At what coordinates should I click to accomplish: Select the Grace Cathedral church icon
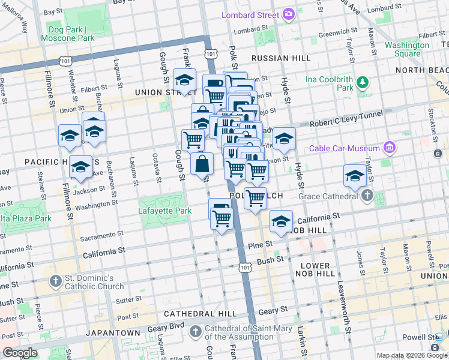367,195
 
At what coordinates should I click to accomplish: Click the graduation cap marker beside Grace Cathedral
355,176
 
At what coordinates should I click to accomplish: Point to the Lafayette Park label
164,211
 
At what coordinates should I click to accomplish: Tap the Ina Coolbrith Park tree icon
362,82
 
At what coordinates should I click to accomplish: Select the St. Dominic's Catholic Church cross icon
55,281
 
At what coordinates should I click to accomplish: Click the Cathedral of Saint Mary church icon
196,332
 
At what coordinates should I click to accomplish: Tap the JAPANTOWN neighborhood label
109,332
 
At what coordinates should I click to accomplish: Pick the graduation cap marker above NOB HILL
280,221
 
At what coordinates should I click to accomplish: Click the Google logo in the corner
20,353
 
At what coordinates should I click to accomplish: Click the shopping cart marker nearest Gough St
193,140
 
